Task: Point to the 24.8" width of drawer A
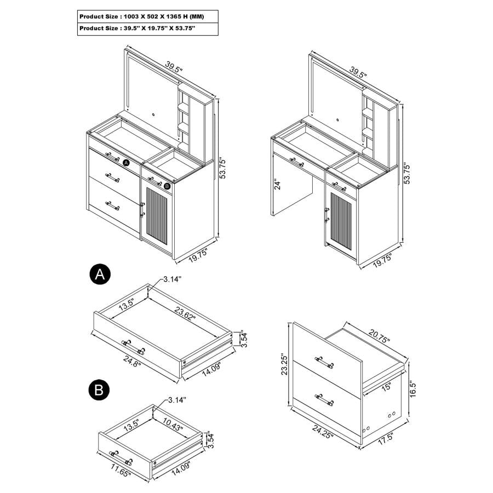click(132, 364)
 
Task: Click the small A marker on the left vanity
click(125, 163)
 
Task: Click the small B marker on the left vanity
click(168, 186)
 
